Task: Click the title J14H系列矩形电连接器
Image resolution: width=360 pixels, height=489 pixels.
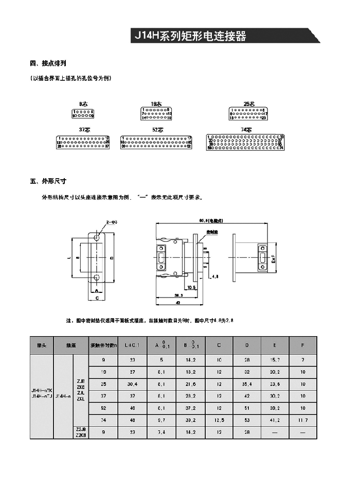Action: tap(190, 36)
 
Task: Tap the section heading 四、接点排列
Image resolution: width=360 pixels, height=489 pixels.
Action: tap(48, 64)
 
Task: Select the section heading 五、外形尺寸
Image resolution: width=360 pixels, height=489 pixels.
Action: tap(48, 181)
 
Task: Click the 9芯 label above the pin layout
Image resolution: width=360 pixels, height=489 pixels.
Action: tap(83, 104)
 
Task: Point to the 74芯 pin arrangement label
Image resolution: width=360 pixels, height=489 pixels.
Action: tap(246, 130)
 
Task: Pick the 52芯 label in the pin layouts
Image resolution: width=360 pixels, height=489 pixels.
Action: tap(157, 130)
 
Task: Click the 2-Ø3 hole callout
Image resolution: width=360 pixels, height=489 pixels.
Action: tap(112, 222)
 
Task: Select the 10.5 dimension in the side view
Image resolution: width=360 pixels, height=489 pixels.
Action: tap(191, 287)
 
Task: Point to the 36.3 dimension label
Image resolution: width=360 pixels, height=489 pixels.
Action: tap(176, 295)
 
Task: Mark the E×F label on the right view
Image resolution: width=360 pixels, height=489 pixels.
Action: tap(274, 259)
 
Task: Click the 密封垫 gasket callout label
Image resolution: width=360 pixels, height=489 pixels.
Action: tap(211, 232)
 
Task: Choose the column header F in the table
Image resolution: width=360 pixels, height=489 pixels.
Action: tap(303, 344)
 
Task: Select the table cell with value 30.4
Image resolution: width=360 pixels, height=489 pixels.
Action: tap(133, 383)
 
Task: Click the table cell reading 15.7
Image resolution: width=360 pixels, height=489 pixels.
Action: tap(275, 359)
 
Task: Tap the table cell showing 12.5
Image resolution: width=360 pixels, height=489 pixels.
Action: tap(219, 421)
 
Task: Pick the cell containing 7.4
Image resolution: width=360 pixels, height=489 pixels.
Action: tap(161, 433)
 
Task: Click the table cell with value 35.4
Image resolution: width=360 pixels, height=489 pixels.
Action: tap(247, 383)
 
